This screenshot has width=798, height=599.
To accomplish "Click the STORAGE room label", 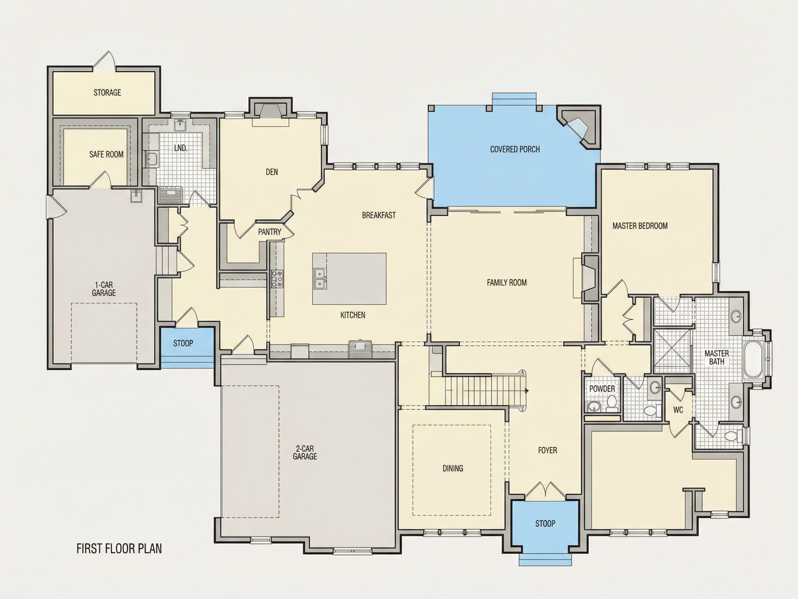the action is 107,93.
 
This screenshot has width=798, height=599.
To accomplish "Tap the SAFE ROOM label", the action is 106,155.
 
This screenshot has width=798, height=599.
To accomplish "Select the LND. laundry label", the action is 180,148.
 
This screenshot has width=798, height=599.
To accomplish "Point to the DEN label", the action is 272,172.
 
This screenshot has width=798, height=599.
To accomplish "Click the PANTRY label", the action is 269,232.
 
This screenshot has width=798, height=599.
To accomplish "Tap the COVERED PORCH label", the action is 515,149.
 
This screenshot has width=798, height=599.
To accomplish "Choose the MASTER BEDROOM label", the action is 640,226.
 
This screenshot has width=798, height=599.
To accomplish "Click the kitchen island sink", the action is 320,279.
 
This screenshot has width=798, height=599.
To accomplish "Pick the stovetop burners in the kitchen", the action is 277,279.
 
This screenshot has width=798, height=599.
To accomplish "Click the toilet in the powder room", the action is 611,403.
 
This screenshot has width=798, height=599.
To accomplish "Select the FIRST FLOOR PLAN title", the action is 119,548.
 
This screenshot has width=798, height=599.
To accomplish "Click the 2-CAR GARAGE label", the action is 305,452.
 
